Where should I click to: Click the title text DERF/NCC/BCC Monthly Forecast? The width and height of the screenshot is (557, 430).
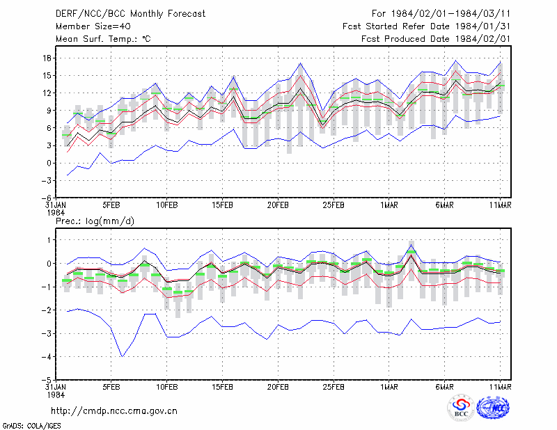130,14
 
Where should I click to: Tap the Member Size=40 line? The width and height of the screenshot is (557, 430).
93,26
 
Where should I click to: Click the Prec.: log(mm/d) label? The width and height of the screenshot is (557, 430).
95,221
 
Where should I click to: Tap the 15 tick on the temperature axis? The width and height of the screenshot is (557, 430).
47,76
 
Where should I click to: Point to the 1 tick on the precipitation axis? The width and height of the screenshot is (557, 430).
49,240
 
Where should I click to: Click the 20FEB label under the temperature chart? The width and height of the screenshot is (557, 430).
278,205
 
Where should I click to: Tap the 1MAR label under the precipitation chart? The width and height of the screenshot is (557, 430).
389,387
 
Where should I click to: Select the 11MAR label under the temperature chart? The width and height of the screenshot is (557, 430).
500,205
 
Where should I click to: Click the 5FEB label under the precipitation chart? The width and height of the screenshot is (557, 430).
111,387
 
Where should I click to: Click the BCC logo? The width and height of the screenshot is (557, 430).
461,408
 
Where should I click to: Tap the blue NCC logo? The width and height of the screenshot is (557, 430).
493,408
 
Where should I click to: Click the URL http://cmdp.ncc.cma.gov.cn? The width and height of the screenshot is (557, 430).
114,411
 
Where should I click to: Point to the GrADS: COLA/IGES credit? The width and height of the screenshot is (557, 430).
31,426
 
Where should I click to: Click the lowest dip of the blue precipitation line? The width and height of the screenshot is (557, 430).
123,356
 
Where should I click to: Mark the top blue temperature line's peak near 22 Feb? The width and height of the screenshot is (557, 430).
300,63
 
